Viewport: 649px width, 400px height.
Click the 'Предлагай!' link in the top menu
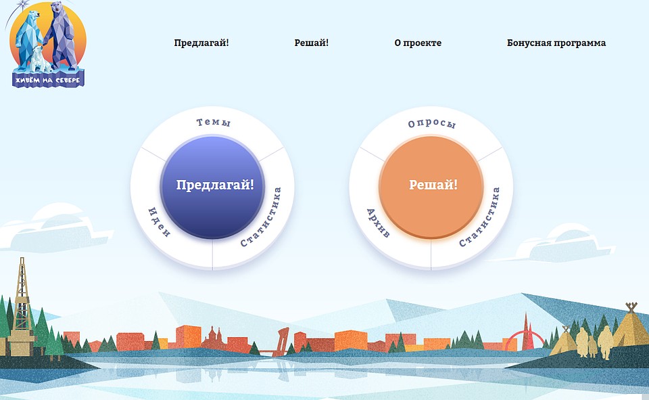click(201, 43)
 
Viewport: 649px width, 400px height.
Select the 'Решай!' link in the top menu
click(311, 43)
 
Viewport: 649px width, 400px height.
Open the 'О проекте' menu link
click(418, 43)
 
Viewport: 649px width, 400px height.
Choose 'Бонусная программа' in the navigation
click(556, 43)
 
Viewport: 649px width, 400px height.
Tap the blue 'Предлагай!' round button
click(213, 187)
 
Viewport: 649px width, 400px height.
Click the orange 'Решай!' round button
click(431, 187)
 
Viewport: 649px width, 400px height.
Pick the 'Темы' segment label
click(213, 123)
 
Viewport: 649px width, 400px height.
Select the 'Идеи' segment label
click(159, 222)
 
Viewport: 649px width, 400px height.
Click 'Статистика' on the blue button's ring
click(261, 217)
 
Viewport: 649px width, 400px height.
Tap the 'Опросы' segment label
click(432, 124)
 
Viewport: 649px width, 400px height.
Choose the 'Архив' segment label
click(378, 223)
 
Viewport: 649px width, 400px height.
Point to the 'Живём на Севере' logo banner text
click(48, 80)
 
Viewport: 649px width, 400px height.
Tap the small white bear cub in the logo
click(40, 58)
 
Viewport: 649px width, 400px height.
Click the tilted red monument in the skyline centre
click(283, 341)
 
